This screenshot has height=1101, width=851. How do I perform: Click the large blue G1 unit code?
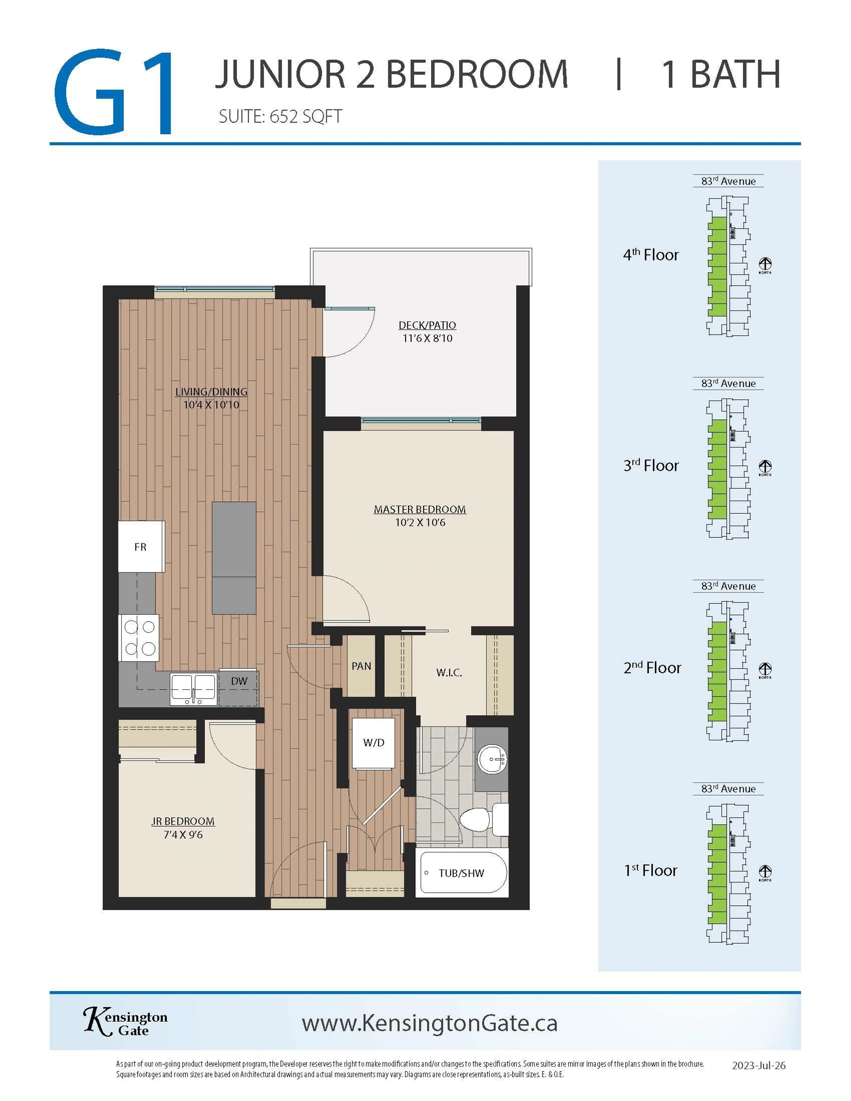tap(115, 92)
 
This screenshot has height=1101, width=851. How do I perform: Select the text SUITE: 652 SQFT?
tap(280, 117)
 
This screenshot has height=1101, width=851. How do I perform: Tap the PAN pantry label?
tap(361, 666)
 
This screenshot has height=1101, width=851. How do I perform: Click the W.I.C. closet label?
tap(449, 672)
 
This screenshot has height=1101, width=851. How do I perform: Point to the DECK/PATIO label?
tap(427, 325)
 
